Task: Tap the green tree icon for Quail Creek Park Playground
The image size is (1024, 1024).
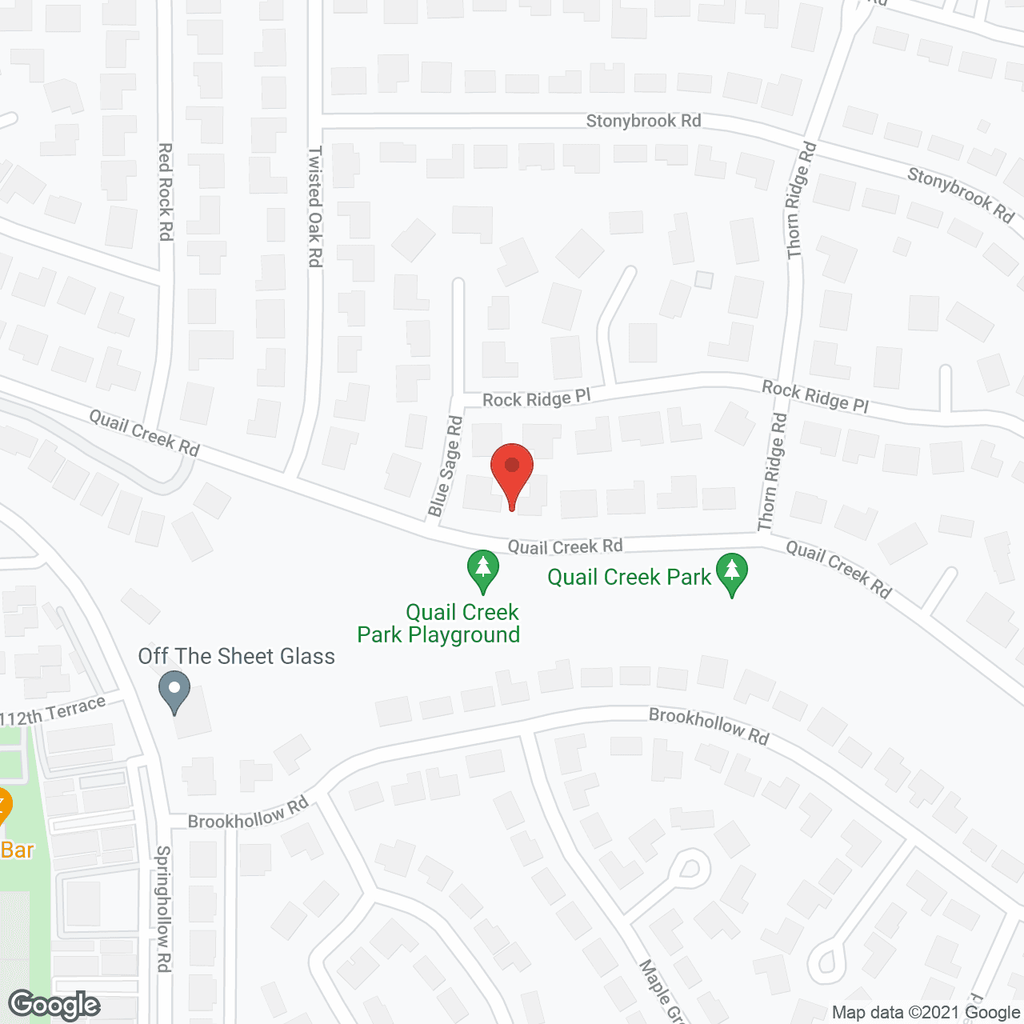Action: pyautogui.click(x=483, y=569)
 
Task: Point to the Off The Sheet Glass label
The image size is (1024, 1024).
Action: pyautogui.click(x=236, y=657)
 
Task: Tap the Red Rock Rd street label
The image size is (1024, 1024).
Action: pyautogui.click(x=166, y=191)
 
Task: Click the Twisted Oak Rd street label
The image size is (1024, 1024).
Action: pyautogui.click(x=315, y=206)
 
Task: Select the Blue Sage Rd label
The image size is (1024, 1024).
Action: pyautogui.click(x=446, y=466)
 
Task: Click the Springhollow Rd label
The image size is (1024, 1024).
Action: pyautogui.click(x=163, y=909)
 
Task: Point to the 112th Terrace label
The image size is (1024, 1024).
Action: pyautogui.click(x=54, y=711)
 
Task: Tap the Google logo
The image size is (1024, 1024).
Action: pyautogui.click(x=54, y=1005)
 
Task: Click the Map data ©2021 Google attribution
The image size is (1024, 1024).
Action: pyautogui.click(x=926, y=1013)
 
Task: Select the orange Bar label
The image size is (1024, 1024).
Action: pyautogui.click(x=18, y=850)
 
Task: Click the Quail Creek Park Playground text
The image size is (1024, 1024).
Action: pyautogui.click(x=439, y=624)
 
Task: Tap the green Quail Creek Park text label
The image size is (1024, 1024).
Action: pyautogui.click(x=629, y=578)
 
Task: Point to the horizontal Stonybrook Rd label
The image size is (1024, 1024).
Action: pyautogui.click(x=643, y=121)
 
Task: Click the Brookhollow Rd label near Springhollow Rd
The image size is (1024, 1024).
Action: pyautogui.click(x=248, y=814)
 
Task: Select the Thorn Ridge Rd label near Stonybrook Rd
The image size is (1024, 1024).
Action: pyautogui.click(x=801, y=200)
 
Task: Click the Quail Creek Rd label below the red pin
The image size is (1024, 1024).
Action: pyautogui.click(x=565, y=547)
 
